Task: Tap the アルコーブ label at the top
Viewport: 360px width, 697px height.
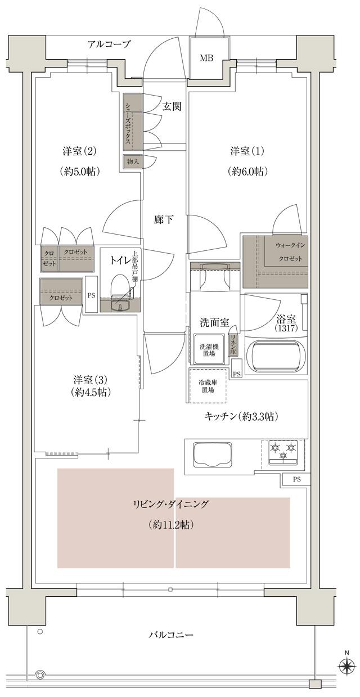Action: (109, 44)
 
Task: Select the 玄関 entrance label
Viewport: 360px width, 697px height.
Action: (172, 107)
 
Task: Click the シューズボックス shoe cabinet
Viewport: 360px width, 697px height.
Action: (129, 122)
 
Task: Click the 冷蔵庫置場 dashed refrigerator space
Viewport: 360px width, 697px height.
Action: (209, 386)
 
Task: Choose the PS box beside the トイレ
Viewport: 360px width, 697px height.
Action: (91, 294)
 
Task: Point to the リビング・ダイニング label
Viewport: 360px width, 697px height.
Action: (172, 505)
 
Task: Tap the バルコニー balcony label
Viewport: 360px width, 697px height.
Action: (171, 635)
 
